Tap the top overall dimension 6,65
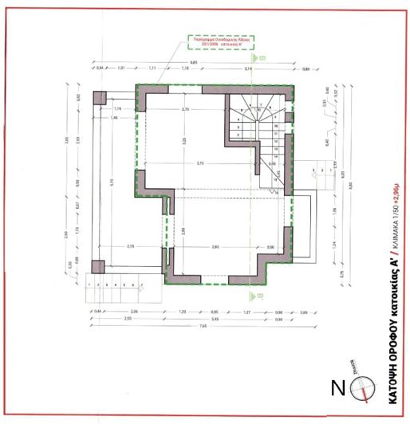click(x=193, y=63)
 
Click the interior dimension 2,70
click(x=185, y=109)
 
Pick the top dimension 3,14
click(x=248, y=70)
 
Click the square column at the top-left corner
click(x=99, y=97)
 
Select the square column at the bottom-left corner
click(x=97, y=266)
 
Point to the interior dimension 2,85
click(x=215, y=248)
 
